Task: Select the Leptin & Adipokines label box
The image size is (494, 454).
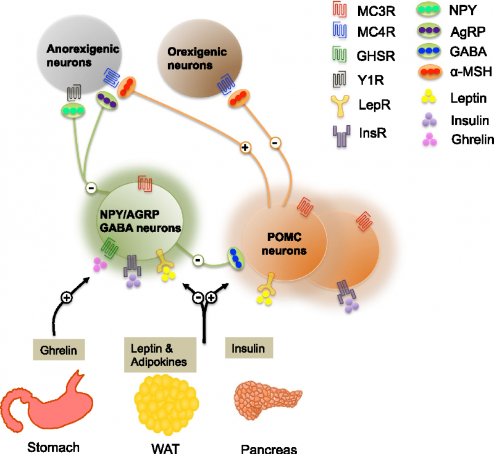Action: (160, 354)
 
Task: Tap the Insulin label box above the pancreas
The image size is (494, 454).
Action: (249, 349)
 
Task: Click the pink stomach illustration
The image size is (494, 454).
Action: (50, 404)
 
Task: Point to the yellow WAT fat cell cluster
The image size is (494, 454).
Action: (164, 402)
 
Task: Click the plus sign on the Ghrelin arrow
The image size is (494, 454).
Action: (66, 297)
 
